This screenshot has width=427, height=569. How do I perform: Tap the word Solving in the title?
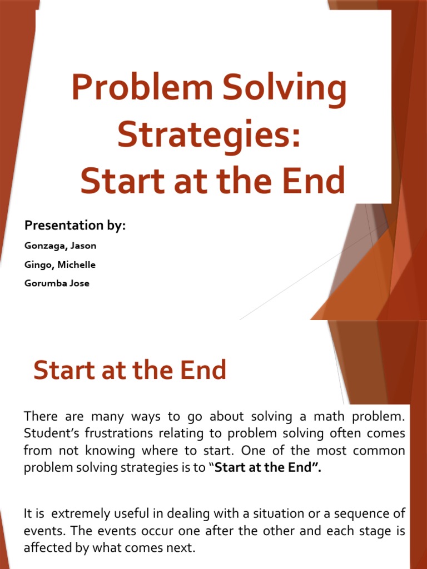click(x=284, y=88)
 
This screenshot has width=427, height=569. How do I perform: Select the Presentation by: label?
click(x=75, y=226)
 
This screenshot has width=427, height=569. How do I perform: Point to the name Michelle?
click(x=76, y=264)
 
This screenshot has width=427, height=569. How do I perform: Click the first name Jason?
click(x=83, y=246)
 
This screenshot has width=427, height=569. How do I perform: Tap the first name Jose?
click(x=80, y=283)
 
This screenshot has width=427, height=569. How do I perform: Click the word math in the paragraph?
click(x=329, y=416)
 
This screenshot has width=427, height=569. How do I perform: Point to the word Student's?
click(x=52, y=433)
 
